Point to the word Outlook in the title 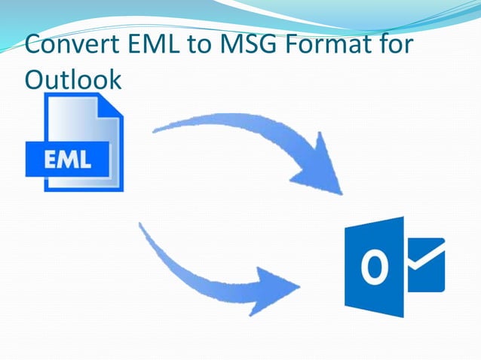[x=72, y=78]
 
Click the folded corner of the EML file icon [x=112, y=105]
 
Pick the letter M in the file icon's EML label [x=69, y=160]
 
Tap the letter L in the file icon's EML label [x=85, y=160]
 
